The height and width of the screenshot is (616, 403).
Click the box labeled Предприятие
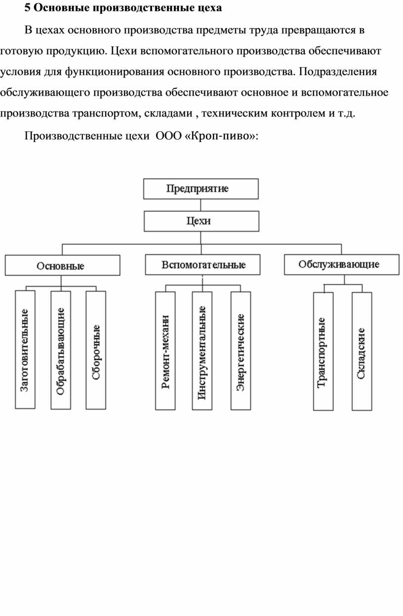tap(201, 189)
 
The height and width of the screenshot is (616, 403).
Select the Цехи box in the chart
tap(201, 221)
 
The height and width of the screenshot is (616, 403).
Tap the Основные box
tap(62, 266)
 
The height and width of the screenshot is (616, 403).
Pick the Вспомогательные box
tap(203, 265)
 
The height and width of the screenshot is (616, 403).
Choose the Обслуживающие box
tap(342, 265)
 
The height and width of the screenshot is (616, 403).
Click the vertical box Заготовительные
tap(25, 349)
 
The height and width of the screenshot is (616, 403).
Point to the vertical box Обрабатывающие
tap(61, 350)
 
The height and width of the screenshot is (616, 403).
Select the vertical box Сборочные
tap(96, 350)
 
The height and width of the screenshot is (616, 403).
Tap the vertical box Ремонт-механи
tap(165, 350)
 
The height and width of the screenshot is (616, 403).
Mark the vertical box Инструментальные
tap(202, 350)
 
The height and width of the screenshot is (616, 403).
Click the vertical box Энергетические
tap(241, 350)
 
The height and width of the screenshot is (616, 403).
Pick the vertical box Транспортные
tap(323, 351)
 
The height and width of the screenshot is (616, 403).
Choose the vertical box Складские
tap(362, 351)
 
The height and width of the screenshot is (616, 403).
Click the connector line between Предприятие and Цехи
tap(201, 205)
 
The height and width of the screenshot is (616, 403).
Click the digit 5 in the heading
tap(27, 8)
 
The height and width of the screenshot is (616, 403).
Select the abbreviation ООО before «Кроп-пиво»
tap(168, 136)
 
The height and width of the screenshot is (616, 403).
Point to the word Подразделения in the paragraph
tap(338, 72)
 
